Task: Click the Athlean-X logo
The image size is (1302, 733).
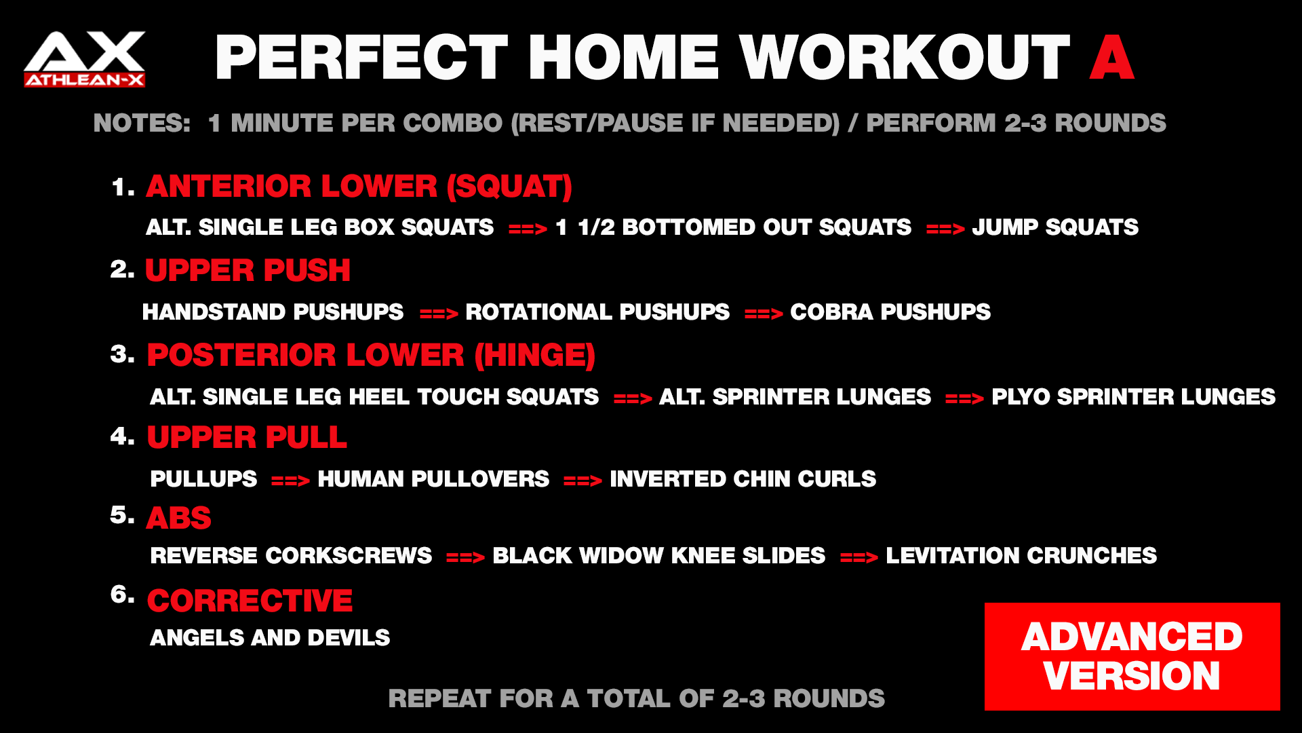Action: click(x=85, y=59)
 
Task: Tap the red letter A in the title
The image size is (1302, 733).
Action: click(x=1111, y=58)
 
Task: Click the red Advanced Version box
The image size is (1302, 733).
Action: click(x=1132, y=656)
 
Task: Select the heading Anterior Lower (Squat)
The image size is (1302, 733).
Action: click(x=359, y=187)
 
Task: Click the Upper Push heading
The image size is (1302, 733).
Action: click(x=248, y=270)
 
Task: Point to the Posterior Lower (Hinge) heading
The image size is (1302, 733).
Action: click(x=371, y=355)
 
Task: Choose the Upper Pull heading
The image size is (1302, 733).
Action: click(x=247, y=437)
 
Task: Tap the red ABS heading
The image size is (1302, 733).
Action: click(x=179, y=518)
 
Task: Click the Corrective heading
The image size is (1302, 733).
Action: click(x=250, y=601)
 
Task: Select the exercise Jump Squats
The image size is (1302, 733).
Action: click(x=1055, y=227)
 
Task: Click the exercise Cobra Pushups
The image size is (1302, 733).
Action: click(x=890, y=312)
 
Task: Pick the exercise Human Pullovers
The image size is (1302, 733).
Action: click(x=433, y=479)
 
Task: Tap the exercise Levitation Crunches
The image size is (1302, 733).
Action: click(x=1021, y=556)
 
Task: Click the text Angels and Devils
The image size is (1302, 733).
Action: click(x=270, y=638)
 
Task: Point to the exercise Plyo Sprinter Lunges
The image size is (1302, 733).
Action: click(x=1133, y=397)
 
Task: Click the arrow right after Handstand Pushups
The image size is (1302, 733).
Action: click(x=439, y=314)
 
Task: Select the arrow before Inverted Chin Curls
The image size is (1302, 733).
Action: click(x=583, y=481)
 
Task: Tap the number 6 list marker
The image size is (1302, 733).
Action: click(x=122, y=595)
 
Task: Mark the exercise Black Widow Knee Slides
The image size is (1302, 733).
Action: click(x=658, y=556)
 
